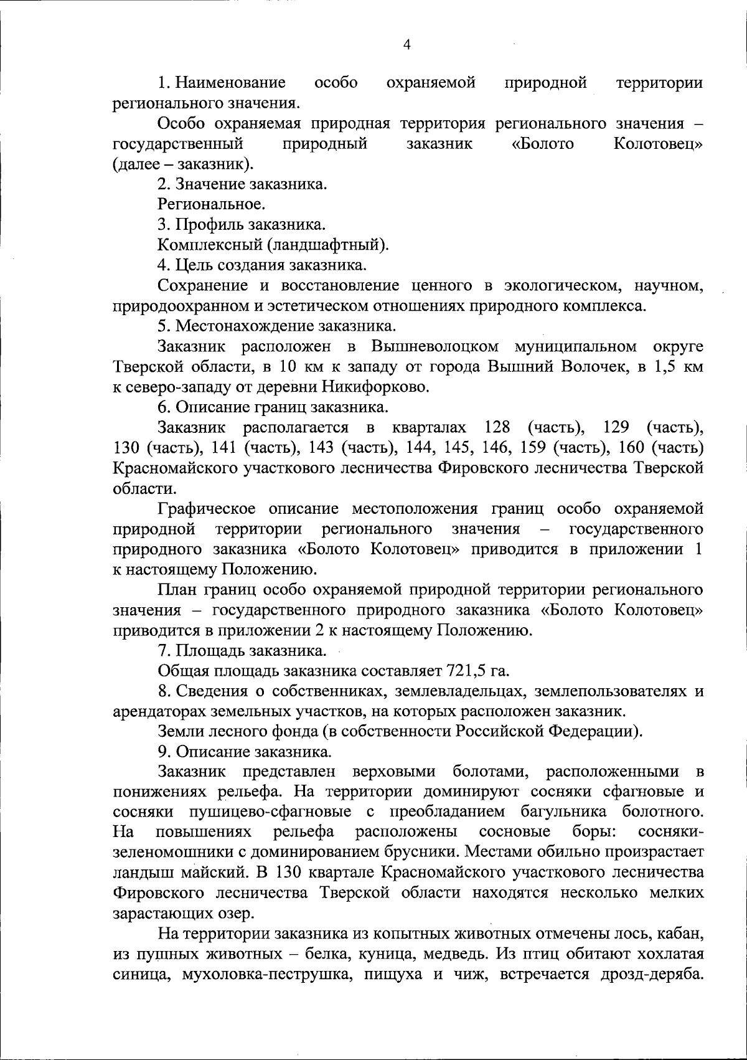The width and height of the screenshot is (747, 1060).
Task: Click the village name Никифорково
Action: coord(375,387)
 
